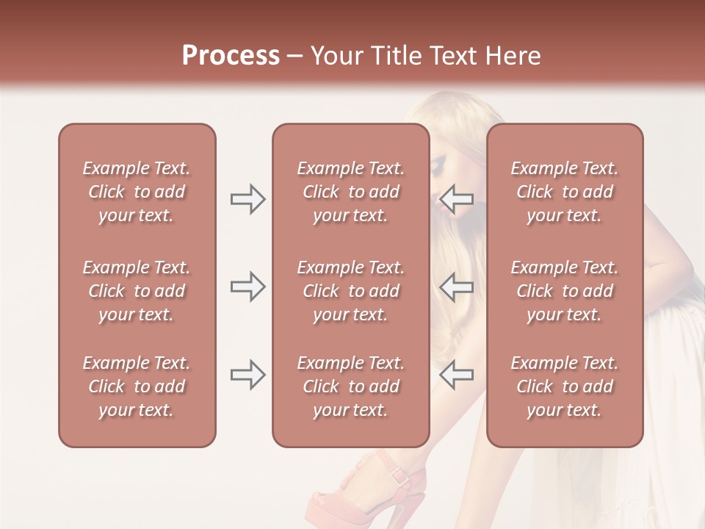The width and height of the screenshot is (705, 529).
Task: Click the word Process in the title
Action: tap(231, 56)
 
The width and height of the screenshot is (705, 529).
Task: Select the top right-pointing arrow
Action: tap(247, 199)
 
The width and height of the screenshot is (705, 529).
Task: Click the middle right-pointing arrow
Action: tap(247, 287)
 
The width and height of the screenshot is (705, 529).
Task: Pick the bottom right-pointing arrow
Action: tap(247, 375)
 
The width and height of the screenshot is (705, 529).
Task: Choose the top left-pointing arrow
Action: tap(456, 199)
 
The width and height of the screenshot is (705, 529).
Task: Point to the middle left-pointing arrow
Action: tap(456, 287)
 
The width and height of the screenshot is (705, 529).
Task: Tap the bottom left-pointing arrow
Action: tap(456, 375)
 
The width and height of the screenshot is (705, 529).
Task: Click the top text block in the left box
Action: tap(137, 192)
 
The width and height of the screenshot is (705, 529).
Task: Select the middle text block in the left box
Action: tap(137, 291)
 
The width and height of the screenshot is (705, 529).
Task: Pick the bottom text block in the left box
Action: tap(137, 386)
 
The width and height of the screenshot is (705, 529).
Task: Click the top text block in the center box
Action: tap(350, 192)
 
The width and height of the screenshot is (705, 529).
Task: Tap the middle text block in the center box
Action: tap(350, 291)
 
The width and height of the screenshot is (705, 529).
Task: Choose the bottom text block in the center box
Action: tap(350, 386)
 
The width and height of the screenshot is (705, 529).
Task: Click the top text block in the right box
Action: tap(564, 192)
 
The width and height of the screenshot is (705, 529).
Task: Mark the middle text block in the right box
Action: tap(564, 291)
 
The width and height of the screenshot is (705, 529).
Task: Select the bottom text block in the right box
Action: tap(564, 386)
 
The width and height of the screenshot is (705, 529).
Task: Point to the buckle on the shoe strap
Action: tap(399, 475)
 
